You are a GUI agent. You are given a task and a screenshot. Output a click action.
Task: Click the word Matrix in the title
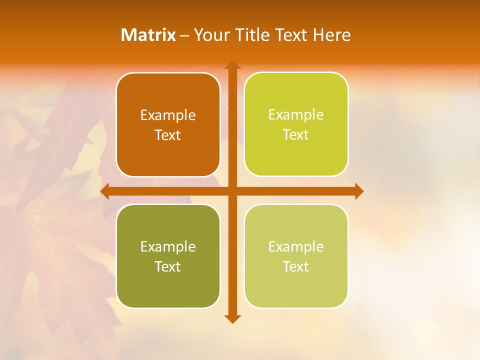pos(148,35)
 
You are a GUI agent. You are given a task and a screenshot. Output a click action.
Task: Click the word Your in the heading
pos(209,35)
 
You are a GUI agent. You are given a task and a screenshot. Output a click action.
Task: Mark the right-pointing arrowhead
pos(359,191)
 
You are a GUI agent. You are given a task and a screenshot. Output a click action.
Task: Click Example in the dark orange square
pos(168,115)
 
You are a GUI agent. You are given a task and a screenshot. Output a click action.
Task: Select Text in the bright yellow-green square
pos(295,135)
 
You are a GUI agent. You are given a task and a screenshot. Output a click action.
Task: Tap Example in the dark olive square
pos(168,247)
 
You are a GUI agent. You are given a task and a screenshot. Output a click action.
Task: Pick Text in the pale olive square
pos(295,266)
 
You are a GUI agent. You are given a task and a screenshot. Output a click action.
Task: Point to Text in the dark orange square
pos(167,135)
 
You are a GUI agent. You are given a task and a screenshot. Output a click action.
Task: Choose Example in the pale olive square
pos(296,246)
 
